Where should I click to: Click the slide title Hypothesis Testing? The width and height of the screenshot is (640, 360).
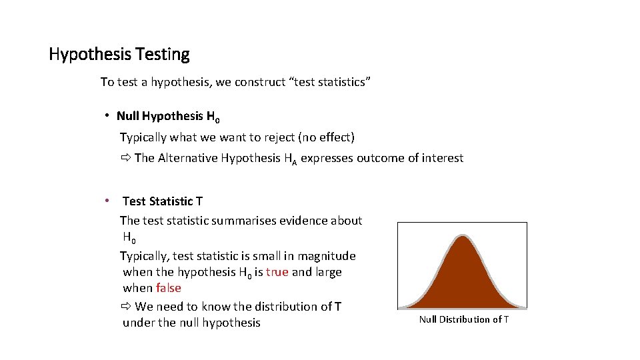[119, 54]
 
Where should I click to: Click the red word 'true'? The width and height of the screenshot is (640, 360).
[277, 272]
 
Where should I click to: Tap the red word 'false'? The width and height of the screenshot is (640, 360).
[168, 288]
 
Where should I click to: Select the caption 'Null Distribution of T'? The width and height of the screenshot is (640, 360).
[463, 319]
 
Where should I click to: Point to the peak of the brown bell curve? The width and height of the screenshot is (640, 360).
[461, 239]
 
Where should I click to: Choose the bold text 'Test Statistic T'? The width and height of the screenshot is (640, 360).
[163, 201]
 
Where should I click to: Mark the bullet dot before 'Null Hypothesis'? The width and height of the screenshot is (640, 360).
[107, 116]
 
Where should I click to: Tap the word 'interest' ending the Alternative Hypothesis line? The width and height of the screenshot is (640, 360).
[442, 159]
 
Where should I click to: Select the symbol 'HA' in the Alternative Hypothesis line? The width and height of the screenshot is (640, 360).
[290, 159]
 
